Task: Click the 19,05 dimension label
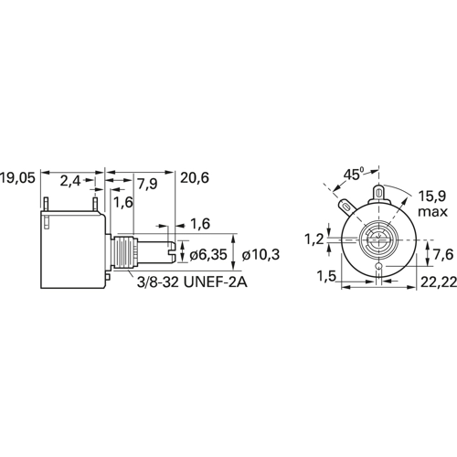(x=17, y=178)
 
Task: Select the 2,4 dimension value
(x=70, y=181)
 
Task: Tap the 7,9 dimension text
(x=147, y=184)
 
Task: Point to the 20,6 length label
(x=195, y=178)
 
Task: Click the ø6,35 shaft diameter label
(x=208, y=255)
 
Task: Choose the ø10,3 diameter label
(x=260, y=255)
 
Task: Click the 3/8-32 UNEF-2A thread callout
(x=192, y=282)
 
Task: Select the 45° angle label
(x=354, y=175)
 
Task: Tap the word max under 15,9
(x=432, y=212)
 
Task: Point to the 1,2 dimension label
(x=314, y=240)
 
